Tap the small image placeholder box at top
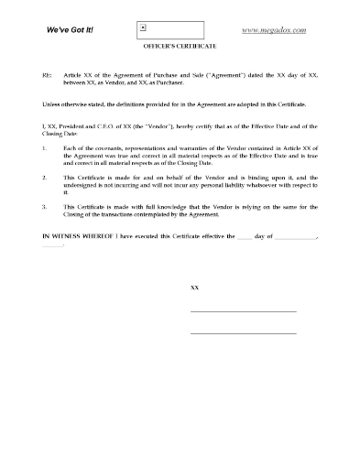pyautogui.click(x=143, y=29)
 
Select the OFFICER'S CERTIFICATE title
pyautogui.click(x=180, y=49)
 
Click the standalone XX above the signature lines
pyautogui.click(x=194, y=288)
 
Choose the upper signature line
pyautogui.click(x=243, y=312)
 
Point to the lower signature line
pyautogui.click(x=243, y=332)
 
